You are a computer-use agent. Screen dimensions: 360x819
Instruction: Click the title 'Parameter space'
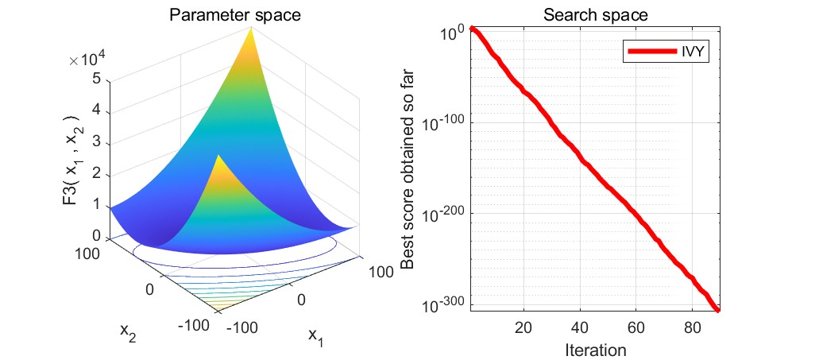228,14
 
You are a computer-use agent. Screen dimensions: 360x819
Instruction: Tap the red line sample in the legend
653,53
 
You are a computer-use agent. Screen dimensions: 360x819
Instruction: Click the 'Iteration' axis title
595,349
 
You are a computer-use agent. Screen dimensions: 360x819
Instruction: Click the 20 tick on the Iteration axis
523,327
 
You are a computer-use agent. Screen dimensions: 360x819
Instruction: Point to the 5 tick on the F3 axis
96,79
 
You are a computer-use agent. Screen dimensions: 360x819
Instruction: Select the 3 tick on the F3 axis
96,141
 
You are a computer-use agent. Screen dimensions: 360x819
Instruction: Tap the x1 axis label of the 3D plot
315,337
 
